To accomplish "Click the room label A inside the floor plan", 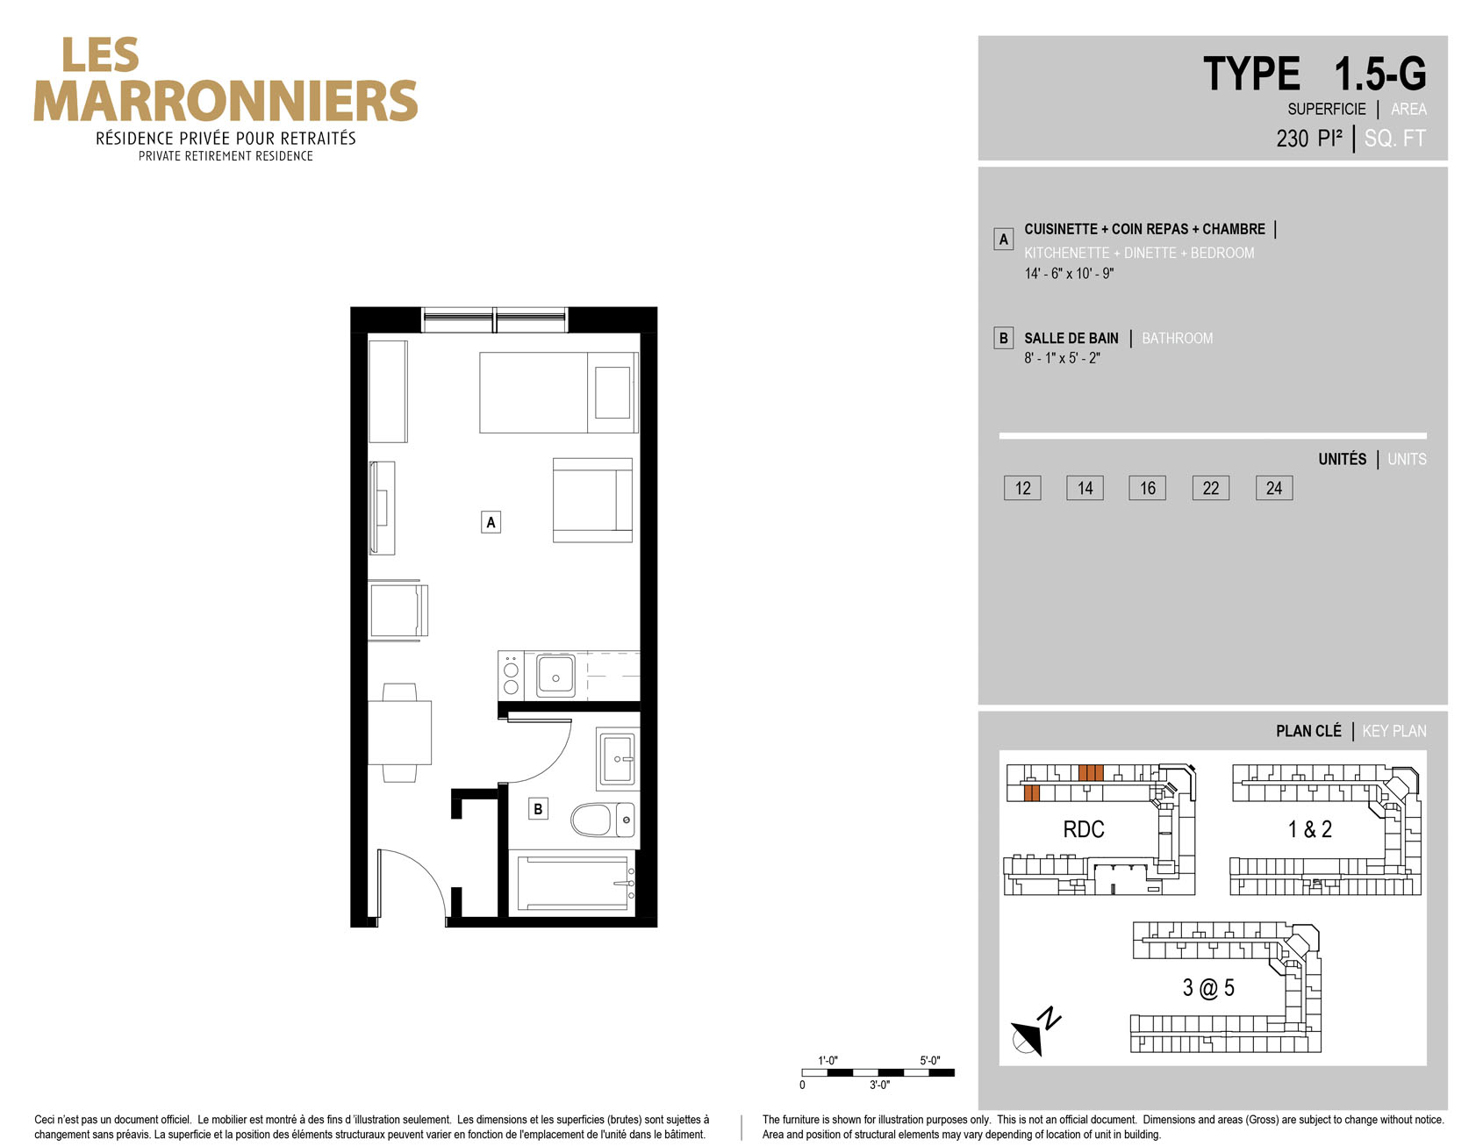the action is [x=491, y=522].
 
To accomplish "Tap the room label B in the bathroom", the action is [x=538, y=808].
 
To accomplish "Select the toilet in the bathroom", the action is [x=603, y=820].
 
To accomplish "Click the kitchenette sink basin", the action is [x=555, y=677].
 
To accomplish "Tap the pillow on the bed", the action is [x=613, y=392].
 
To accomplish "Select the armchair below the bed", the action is [x=592, y=500].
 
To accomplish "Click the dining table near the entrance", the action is [x=399, y=733].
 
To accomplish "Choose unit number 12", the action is [x=1022, y=488].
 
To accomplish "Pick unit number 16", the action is [x=1147, y=488].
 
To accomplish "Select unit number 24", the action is [x=1273, y=488].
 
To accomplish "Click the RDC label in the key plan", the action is [x=1083, y=829].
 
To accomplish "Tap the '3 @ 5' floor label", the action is [x=1207, y=988].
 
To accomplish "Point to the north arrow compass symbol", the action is [x=1033, y=1032].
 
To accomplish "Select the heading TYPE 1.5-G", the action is [x=1314, y=74].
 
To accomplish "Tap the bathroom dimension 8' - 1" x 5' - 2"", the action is [x=1062, y=358].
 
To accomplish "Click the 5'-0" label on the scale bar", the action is [x=929, y=1060].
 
